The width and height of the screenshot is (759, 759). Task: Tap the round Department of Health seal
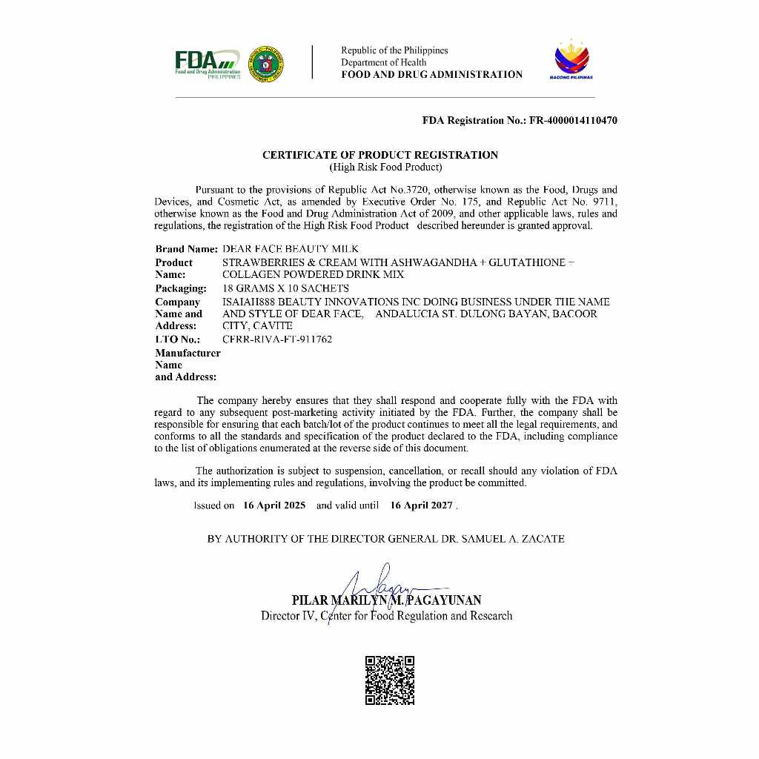(x=268, y=64)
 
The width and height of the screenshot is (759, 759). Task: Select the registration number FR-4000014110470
(x=573, y=120)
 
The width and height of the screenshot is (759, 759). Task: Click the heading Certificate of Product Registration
(x=380, y=155)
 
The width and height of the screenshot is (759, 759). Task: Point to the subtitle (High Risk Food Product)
(x=385, y=167)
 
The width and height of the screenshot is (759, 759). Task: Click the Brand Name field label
(x=186, y=249)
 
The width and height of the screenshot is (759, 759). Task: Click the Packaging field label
(x=181, y=288)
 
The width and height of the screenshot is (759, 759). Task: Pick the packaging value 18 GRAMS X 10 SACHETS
(x=285, y=288)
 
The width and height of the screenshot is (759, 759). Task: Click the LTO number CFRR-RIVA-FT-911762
(x=277, y=339)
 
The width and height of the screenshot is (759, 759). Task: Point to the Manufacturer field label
(x=188, y=353)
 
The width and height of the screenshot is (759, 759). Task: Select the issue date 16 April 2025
(x=274, y=506)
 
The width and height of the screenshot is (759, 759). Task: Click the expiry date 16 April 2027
(x=421, y=506)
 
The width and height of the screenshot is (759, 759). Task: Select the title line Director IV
(x=386, y=616)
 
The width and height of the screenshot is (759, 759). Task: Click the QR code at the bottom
(x=390, y=680)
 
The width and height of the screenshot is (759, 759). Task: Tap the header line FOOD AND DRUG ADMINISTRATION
(x=431, y=74)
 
